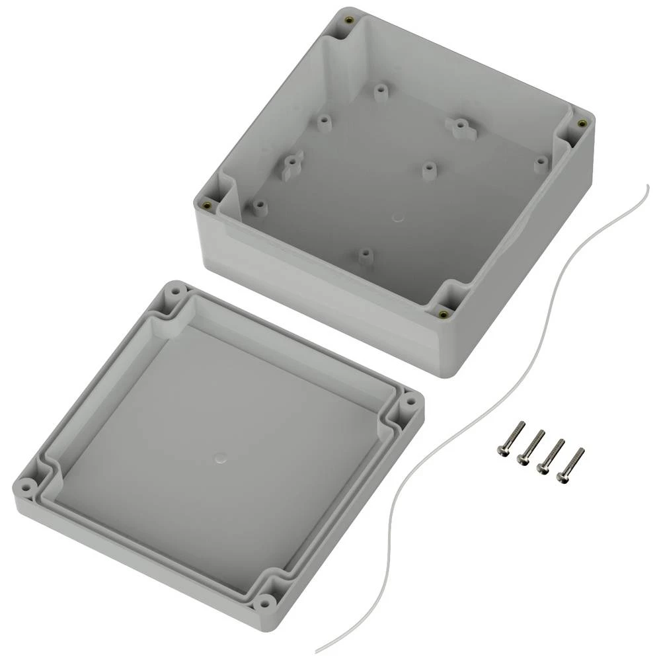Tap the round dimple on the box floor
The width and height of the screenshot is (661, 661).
pos(397,216)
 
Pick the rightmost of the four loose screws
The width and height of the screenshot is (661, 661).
pos(571,464)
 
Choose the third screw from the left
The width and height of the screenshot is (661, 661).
pos(551,455)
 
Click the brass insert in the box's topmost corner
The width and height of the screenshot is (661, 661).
pos(348,20)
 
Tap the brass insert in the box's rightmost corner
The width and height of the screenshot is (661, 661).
pos(581,124)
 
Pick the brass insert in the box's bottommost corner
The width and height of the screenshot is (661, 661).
pos(442,313)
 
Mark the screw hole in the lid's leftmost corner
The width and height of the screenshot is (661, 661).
pos(26,486)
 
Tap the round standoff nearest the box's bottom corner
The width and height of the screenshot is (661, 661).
pos(365,254)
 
